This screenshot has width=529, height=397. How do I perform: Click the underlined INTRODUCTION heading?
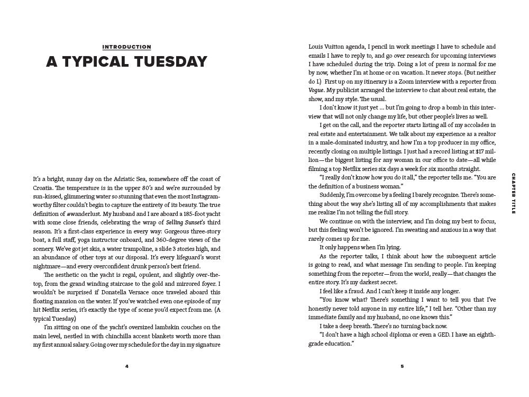coord(126,47)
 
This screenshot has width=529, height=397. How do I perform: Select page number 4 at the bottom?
coord(126,366)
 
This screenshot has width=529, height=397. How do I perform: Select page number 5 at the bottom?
coord(402,366)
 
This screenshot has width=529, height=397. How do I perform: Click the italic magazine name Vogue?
coord(316,90)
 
